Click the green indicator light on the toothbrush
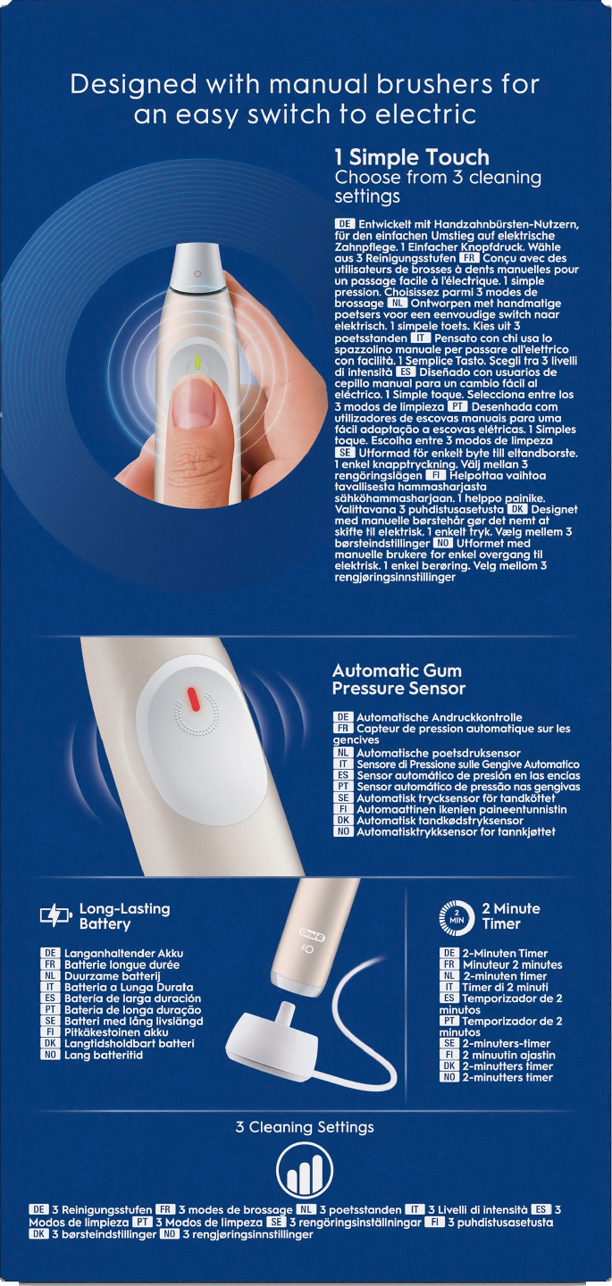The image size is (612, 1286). [197, 363]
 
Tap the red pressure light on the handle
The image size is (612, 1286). [194, 700]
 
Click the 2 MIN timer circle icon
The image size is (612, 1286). [457, 917]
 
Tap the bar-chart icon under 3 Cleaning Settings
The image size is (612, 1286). [305, 1171]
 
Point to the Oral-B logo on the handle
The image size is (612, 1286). [311, 936]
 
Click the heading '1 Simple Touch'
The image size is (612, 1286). [412, 157]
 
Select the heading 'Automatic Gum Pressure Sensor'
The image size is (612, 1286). [398, 679]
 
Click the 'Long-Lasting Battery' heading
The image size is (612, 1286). [124, 915]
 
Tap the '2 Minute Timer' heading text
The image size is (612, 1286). [511, 915]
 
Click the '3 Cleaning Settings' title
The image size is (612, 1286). [305, 1127]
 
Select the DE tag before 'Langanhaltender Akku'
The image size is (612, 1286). [50, 953]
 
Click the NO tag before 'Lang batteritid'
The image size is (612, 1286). [50, 1055]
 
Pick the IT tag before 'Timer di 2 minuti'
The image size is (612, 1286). [449, 987]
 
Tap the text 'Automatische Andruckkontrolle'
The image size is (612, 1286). [440, 717]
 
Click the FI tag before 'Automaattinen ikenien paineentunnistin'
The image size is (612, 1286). [343, 809]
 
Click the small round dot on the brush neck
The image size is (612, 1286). [197, 274]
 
